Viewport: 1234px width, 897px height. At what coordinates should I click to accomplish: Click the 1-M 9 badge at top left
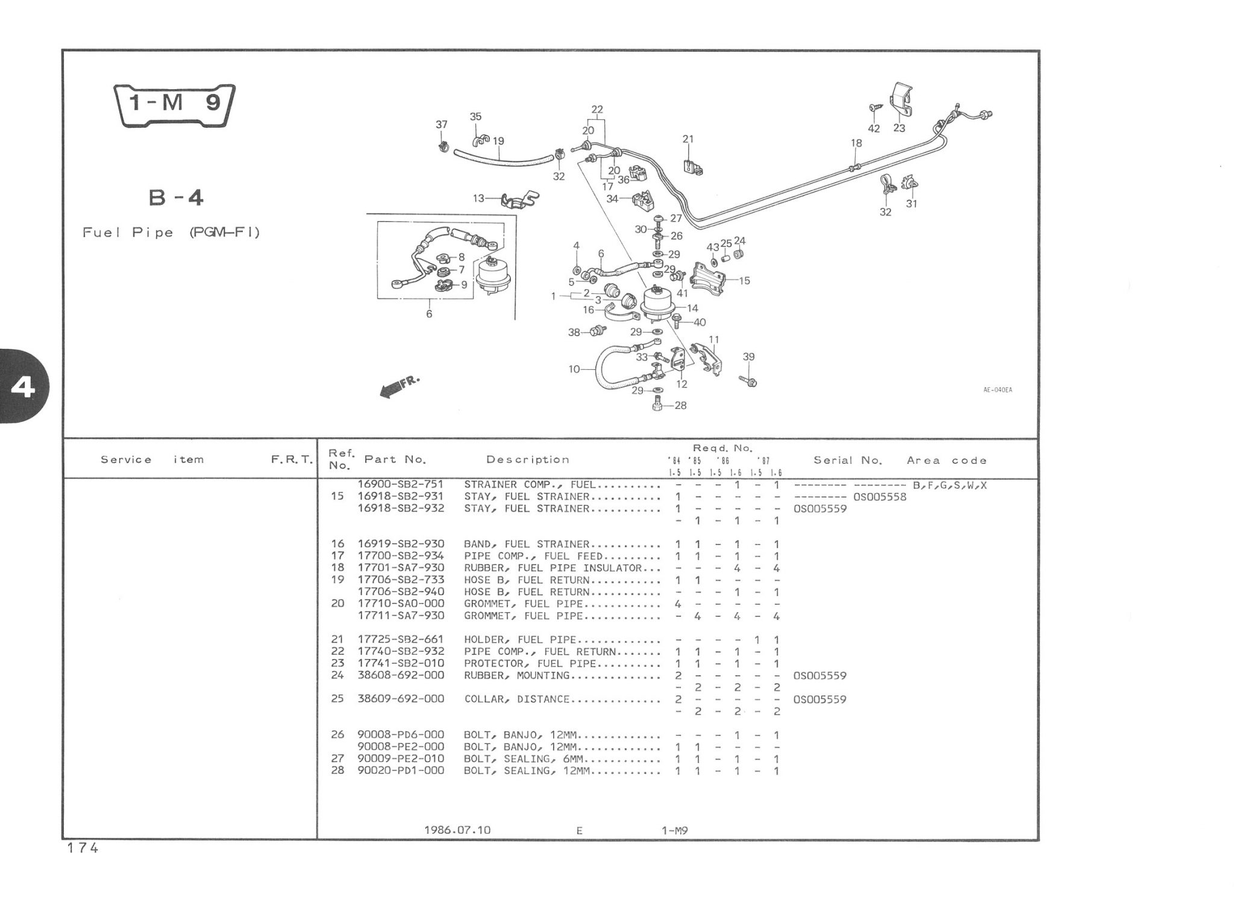[x=175, y=104]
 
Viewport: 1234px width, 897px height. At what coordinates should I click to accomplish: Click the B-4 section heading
[x=176, y=197]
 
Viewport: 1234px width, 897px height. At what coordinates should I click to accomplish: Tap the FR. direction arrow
[x=398, y=386]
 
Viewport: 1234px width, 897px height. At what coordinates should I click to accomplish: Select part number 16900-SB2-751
[x=400, y=484]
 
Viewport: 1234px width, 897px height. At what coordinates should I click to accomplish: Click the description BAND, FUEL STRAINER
[x=526, y=544]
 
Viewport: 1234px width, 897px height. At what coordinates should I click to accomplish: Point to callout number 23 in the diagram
[x=899, y=128]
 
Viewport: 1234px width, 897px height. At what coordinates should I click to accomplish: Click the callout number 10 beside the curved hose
[x=574, y=369]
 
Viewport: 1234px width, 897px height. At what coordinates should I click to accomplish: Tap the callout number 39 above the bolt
[x=748, y=357]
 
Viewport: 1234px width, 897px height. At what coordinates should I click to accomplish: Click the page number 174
[x=83, y=848]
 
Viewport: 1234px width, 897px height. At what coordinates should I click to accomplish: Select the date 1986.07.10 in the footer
[x=457, y=830]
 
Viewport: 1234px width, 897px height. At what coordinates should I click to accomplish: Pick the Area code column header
[x=947, y=460]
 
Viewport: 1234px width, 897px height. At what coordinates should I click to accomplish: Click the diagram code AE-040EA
[x=998, y=390]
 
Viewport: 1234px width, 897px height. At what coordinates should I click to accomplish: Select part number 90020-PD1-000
[x=400, y=770]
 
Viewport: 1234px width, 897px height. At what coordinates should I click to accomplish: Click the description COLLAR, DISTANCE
[x=516, y=699]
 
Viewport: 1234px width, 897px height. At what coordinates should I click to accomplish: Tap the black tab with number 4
[x=23, y=387]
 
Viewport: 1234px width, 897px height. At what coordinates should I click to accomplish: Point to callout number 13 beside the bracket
[x=478, y=198]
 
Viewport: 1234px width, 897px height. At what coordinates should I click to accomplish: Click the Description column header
[x=527, y=460]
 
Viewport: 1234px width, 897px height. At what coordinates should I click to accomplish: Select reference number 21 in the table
[x=337, y=639]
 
